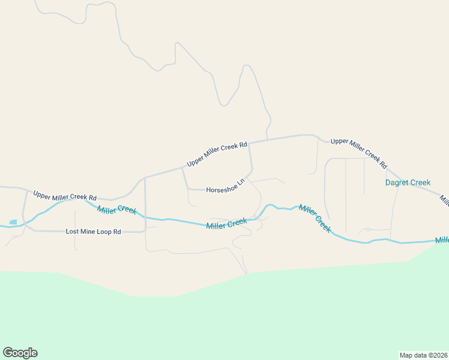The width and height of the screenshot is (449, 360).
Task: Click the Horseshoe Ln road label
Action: (226, 187)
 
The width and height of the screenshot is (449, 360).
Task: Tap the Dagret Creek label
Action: (408, 182)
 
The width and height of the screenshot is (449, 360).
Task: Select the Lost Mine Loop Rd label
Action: (93, 231)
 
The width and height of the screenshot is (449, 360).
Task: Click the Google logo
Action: (20, 353)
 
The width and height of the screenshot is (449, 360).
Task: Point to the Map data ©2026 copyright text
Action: (423, 355)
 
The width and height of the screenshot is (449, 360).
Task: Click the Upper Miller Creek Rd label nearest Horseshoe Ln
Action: (217, 154)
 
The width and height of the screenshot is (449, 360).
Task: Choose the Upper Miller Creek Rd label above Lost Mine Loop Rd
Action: (65, 196)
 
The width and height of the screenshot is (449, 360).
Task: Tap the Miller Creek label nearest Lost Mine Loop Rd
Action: (116, 210)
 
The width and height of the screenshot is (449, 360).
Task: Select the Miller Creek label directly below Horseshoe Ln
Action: (226, 224)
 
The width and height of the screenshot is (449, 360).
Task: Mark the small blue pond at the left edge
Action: (13, 222)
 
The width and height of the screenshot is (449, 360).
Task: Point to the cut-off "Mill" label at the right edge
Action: (442, 240)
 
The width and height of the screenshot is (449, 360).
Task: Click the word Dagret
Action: (397, 182)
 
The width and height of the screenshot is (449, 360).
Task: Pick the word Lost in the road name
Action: (72, 231)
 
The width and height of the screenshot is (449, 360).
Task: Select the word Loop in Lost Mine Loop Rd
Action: (104, 231)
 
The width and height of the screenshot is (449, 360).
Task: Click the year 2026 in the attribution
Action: (439, 355)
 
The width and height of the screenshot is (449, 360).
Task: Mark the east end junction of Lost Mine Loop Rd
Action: (145, 230)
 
